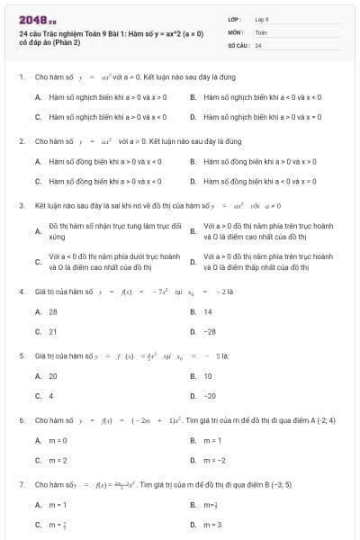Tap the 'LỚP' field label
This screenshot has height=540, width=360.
pyautogui.click(x=234, y=18)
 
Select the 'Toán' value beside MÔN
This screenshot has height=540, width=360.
pyautogui.click(x=261, y=31)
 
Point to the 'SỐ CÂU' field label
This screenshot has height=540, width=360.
pyautogui.click(x=238, y=44)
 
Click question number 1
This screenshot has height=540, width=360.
pyautogui.click(x=21, y=77)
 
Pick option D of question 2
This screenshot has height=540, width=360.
pyautogui.click(x=256, y=181)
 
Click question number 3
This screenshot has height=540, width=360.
pyautogui.click(x=21, y=205)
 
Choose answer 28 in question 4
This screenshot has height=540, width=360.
pyautogui.click(x=52, y=311)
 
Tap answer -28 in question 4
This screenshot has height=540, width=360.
pyautogui.click(x=210, y=331)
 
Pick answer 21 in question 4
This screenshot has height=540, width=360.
pyautogui.click(x=52, y=331)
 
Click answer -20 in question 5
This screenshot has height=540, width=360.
pyautogui.click(x=210, y=396)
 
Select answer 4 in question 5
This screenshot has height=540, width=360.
pyautogui.click(x=50, y=396)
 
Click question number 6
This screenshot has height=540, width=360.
pyautogui.click(x=21, y=420)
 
